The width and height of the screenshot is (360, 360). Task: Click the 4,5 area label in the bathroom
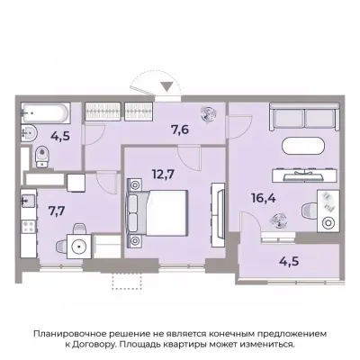pyautogui.click(x=60, y=139)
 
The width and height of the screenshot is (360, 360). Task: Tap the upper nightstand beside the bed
pyautogui.click(x=137, y=184)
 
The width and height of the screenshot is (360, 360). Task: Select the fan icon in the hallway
pyautogui.click(x=208, y=115)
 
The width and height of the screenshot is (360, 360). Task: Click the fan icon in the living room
pyautogui.click(x=278, y=216)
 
